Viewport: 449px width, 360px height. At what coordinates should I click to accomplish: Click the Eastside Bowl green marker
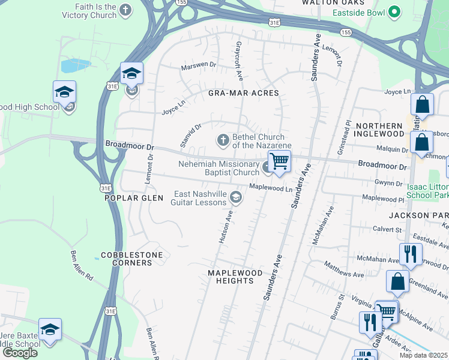[394, 11]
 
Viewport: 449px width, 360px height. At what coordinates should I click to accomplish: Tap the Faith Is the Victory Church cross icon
[125, 10]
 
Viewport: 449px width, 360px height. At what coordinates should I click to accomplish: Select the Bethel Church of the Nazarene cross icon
[223, 140]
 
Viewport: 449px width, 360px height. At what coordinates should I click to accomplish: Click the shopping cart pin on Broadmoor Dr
[279, 161]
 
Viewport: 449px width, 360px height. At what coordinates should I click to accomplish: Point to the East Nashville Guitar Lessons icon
[236, 197]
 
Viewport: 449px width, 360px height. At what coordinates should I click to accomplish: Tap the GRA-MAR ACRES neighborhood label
[243, 93]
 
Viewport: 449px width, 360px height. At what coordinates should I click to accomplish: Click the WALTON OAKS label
[325, 3]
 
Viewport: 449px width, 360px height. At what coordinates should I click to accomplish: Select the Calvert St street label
[387, 229]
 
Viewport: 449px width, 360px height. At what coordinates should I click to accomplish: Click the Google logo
[20, 353]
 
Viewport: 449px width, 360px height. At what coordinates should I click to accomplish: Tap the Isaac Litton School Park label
[427, 191]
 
